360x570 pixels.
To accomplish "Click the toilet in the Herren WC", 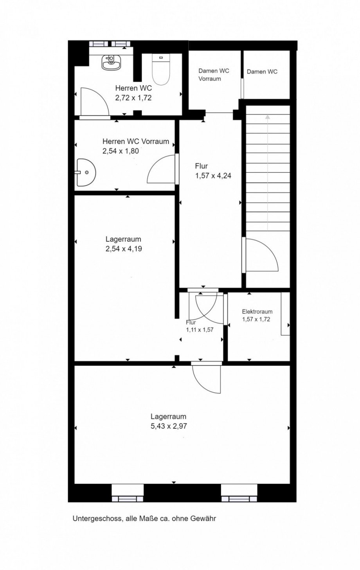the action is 161,69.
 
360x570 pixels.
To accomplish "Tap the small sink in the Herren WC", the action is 111,62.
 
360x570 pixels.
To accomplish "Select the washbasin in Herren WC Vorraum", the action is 86,173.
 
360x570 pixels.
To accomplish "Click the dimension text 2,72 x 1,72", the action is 133,98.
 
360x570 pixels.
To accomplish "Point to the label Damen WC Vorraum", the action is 214,75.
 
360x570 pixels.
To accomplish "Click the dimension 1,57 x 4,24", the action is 213,176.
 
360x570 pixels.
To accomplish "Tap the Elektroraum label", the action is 257,311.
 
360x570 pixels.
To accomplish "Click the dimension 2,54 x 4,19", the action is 124,248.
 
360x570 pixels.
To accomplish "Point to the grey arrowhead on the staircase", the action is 267,117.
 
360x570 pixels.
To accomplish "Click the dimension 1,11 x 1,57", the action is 200,330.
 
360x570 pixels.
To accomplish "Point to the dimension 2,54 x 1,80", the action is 121,151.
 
